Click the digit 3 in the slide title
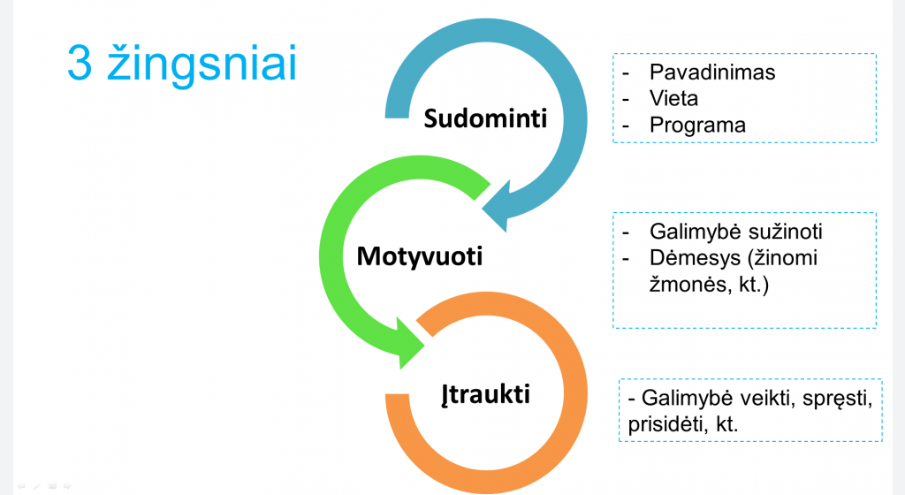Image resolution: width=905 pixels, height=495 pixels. tap(80, 62)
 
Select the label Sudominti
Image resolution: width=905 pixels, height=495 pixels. tap(485, 118)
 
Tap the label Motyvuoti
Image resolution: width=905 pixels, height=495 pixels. tap(420, 256)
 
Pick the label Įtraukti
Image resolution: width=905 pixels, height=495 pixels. tap(485, 395)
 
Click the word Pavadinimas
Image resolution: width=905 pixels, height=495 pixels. tap(712, 72)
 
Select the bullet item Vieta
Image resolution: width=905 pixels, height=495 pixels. tap(673, 99)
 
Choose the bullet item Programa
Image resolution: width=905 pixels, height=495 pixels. tap(698, 126)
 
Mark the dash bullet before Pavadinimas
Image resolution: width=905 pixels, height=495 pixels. tap(626, 73)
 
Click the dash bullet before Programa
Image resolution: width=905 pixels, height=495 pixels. tap(626, 126)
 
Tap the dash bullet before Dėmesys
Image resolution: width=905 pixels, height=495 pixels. tap(626, 259)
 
